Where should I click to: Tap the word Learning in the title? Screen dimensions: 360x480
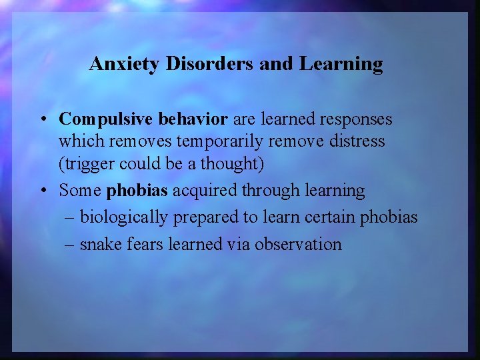(x=341, y=64)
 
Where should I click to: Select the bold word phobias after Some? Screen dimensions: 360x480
(x=137, y=191)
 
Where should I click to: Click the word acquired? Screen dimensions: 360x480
(x=205, y=191)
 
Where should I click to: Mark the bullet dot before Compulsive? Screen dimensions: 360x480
(x=42, y=120)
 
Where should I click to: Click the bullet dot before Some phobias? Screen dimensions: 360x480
(x=42, y=191)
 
